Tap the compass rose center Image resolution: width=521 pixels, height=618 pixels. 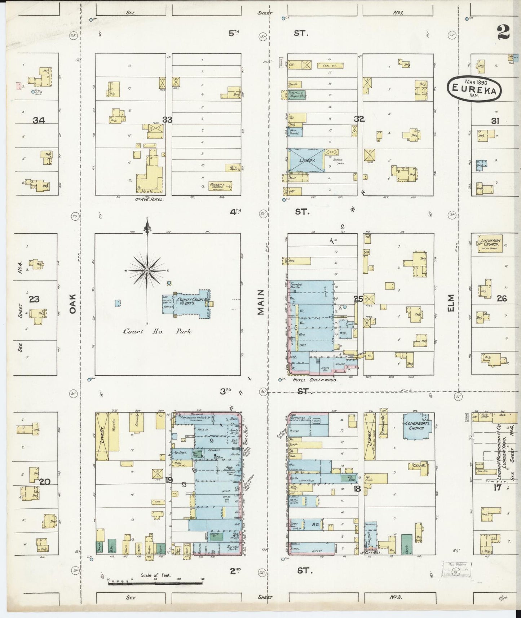coord(147,270)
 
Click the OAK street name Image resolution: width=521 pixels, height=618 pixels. coord(73,303)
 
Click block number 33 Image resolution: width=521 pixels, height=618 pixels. coord(167,120)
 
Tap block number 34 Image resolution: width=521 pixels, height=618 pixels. coord(39,120)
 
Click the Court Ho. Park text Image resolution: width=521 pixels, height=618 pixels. coord(157,331)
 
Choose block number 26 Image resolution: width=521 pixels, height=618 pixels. coord(502,299)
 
